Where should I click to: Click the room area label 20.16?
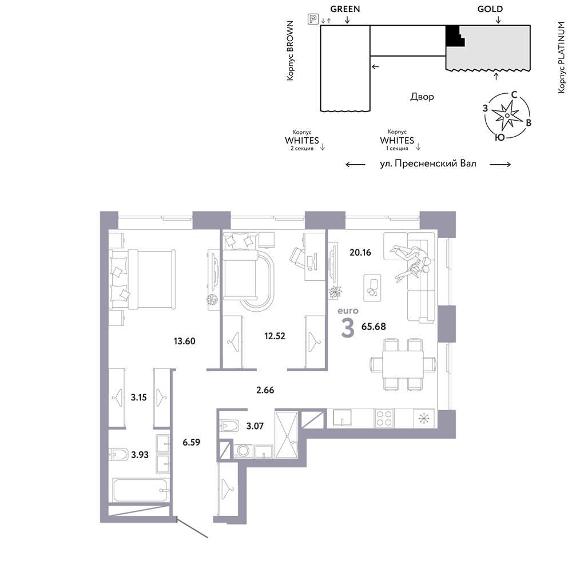(360, 252)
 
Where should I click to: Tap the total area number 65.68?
(374, 327)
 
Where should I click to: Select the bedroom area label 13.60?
(185, 341)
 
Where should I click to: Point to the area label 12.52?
(275, 336)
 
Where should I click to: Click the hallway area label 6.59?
(191, 442)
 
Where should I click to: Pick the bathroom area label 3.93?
(140, 455)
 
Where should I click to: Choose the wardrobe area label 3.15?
(138, 398)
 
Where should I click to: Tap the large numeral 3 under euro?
(347, 328)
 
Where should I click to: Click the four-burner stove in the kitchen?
(384, 418)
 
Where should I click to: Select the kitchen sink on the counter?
(342, 418)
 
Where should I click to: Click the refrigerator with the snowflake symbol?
(424, 418)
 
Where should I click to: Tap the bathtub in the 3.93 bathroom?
(141, 491)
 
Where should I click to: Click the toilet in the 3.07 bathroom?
(229, 426)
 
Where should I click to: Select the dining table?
(403, 364)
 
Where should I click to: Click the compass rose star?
(507, 116)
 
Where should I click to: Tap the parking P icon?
(313, 19)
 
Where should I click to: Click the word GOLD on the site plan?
(490, 9)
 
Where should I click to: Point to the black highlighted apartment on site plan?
(454, 36)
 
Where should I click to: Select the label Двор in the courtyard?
(422, 97)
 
